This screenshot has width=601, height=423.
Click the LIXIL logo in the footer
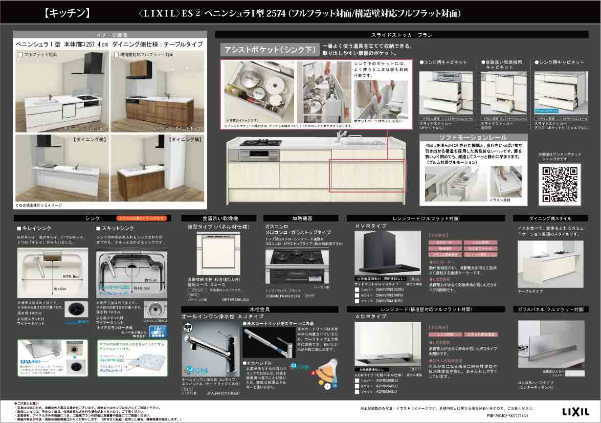coord(575,411)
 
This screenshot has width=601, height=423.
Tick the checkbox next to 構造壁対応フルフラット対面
coord(117,54)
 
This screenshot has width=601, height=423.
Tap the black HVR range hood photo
coord(385,253)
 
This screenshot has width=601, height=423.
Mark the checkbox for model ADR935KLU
coord(358,392)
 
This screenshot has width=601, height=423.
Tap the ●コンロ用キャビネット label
coord(443,62)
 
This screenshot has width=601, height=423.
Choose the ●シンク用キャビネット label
coord(559,62)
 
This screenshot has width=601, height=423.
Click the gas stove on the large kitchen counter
coord(261,143)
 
